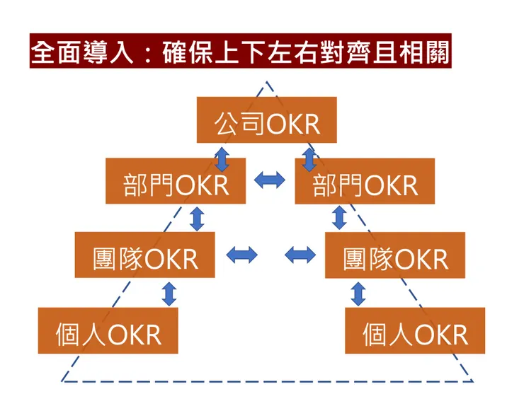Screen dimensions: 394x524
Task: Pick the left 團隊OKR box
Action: pyautogui.click(x=145, y=254)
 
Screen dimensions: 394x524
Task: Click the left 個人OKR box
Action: pyautogui.click(x=108, y=330)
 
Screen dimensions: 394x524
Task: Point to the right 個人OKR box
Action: pyautogui.click(x=415, y=330)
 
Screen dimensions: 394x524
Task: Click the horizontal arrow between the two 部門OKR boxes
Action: pyautogui.click(x=270, y=181)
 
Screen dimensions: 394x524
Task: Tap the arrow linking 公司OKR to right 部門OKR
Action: pyautogui.click(x=309, y=158)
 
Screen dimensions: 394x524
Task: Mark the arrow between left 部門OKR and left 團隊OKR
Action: pyautogui.click(x=197, y=218)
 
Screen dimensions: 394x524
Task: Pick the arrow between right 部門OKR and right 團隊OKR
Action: pyautogui.click(x=340, y=218)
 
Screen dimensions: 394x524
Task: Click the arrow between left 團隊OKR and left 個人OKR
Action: pyautogui.click(x=169, y=293)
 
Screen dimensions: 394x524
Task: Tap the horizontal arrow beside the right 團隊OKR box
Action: pyautogui.click(x=300, y=254)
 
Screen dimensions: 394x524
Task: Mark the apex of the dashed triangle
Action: pyautogui.click(x=268, y=83)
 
